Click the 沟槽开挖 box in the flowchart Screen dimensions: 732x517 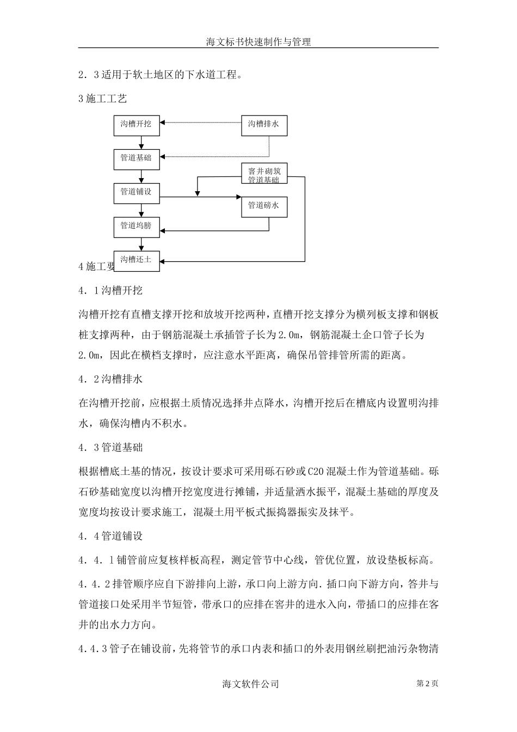pyautogui.click(x=136, y=125)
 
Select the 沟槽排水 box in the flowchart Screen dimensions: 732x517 pyautogui.click(x=264, y=125)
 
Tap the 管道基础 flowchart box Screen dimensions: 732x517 pyautogui.click(x=136, y=158)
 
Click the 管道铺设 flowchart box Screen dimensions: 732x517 pyautogui.click(x=136, y=192)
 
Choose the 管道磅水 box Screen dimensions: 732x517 pyautogui.click(x=264, y=206)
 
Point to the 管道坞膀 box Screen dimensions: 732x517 pyautogui.click(x=136, y=226)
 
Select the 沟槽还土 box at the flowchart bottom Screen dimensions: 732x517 pyautogui.click(x=136, y=260)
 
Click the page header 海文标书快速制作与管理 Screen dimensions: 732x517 pyautogui.click(x=258, y=41)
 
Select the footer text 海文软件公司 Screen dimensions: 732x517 pyautogui.click(x=251, y=684)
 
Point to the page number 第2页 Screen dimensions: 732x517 pyautogui.click(x=427, y=684)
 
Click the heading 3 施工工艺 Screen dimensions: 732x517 pyautogui.click(x=103, y=99)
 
